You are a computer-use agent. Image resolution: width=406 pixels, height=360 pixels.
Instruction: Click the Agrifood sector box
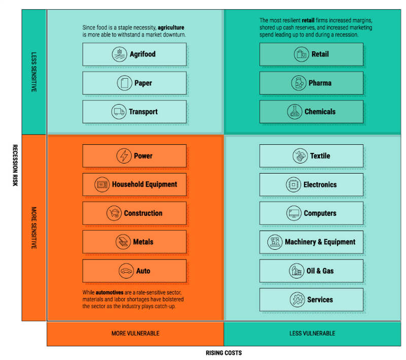tap(134, 54)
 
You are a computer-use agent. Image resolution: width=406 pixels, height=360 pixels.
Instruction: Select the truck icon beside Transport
tap(119, 112)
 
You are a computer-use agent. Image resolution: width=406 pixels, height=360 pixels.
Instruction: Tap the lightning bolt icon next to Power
tap(124, 156)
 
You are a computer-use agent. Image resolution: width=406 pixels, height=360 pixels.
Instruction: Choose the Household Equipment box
tap(134, 184)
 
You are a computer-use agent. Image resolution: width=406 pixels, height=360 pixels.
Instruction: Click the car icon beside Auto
tap(126, 271)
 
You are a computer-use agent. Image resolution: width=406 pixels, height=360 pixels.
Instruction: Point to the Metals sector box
tap(134, 242)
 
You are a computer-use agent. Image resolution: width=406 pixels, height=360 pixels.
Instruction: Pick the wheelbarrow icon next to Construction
tap(114, 213)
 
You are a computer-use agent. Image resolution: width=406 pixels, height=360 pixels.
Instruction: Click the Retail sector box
tap(311, 54)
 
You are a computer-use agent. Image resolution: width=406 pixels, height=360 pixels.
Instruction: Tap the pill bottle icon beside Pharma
tap(299, 83)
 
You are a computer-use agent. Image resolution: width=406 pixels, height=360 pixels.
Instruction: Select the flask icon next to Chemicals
tap(295, 112)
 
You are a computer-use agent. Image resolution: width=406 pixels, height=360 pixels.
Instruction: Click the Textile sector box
tap(311, 156)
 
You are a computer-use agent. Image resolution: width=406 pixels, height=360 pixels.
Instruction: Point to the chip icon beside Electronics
tap(293, 185)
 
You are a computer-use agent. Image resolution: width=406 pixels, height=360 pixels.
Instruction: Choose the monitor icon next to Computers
tap(294, 213)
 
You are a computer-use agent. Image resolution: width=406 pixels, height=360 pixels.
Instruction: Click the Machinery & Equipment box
tap(311, 242)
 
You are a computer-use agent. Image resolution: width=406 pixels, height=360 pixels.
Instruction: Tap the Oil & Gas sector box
tap(311, 271)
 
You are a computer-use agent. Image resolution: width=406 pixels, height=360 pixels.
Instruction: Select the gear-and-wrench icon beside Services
tap(297, 300)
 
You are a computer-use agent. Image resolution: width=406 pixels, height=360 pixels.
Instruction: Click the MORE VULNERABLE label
tap(136, 333)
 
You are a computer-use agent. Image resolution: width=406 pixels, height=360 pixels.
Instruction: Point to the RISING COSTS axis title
tap(224, 353)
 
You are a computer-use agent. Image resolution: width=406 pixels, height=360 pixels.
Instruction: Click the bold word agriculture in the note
tap(171, 27)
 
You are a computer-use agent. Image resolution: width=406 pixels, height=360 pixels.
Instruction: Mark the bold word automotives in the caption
tap(110, 292)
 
